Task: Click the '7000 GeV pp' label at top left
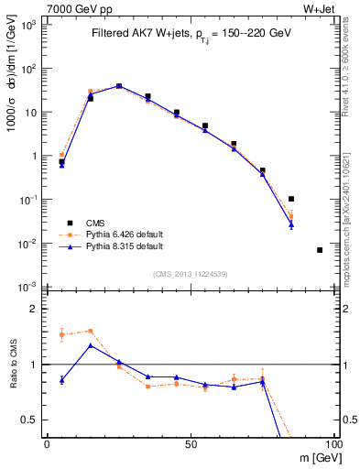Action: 75,8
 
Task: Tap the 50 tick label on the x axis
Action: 190,444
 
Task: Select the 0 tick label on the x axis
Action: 47,444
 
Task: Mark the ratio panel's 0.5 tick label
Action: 30,420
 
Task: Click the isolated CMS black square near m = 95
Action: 319,250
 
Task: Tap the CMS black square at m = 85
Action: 290,199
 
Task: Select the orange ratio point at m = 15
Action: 90,331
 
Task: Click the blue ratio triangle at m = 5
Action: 61,379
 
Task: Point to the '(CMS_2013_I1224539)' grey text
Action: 190,273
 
